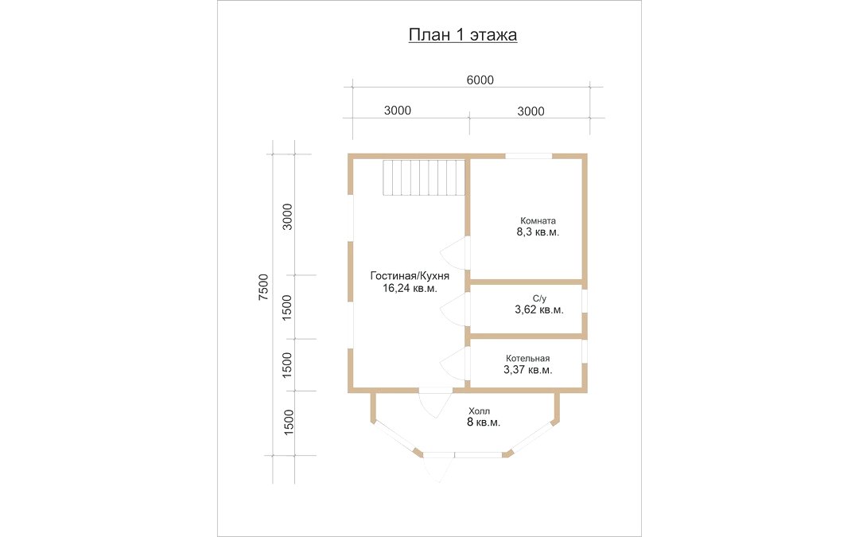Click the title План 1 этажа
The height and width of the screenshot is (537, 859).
[x=463, y=35]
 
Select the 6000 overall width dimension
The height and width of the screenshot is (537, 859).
[x=480, y=80]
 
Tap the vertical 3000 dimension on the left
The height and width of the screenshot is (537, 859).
[x=288, y=216]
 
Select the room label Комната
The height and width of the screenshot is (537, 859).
[x=538, y=220]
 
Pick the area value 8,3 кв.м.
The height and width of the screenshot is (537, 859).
[x=538, y=233]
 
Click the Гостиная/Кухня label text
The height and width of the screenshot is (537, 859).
[x=410, y=275]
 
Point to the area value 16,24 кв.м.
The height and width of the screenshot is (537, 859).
[x=410, y=288]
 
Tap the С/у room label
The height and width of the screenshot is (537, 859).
[x=539, y=298]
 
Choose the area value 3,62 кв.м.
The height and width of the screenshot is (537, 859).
[x=539, y=310]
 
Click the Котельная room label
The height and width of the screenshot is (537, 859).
[x=527, y=358]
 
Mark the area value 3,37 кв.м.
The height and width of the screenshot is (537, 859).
[x=527, y=370]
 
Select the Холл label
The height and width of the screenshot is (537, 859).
[x=479, y=411]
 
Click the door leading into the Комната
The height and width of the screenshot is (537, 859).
[x=453, y=253]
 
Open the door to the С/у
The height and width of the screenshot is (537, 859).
[x=453, y=309]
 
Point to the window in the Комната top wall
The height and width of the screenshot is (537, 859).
[x=529, y=156]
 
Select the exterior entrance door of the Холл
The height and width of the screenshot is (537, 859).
[x=437, y=469]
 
